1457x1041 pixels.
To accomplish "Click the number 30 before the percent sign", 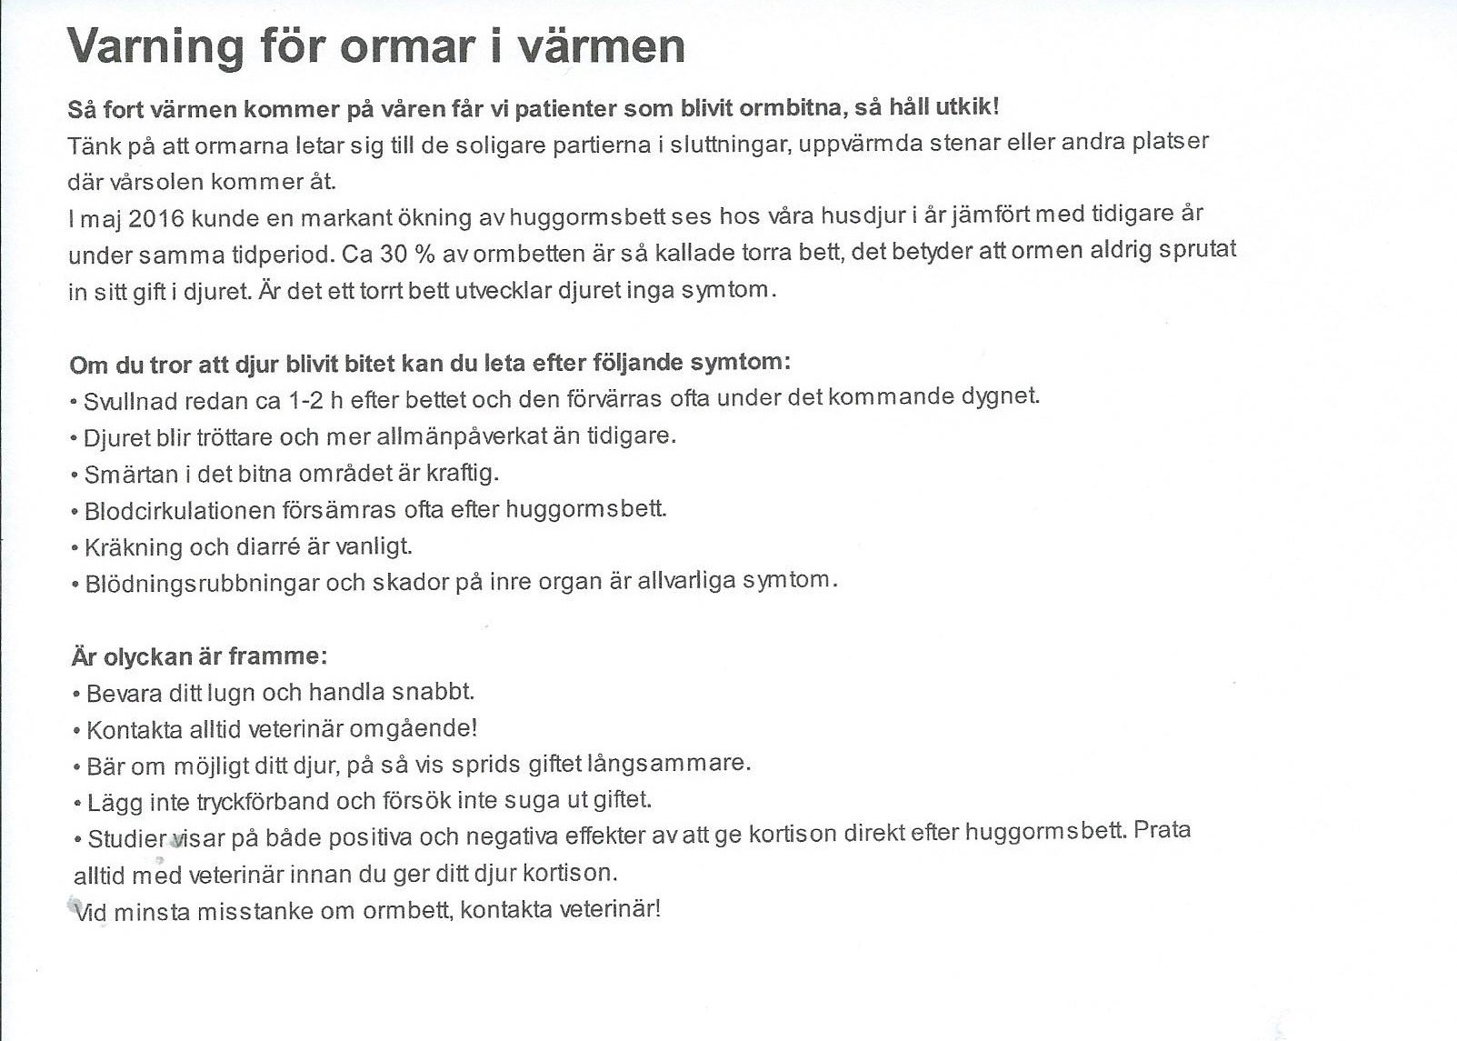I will (393, 254).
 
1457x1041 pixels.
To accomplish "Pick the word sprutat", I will (1197, 250).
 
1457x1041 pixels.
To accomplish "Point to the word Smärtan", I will (119, 475).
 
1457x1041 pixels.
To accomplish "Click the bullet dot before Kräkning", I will (75, 548).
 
